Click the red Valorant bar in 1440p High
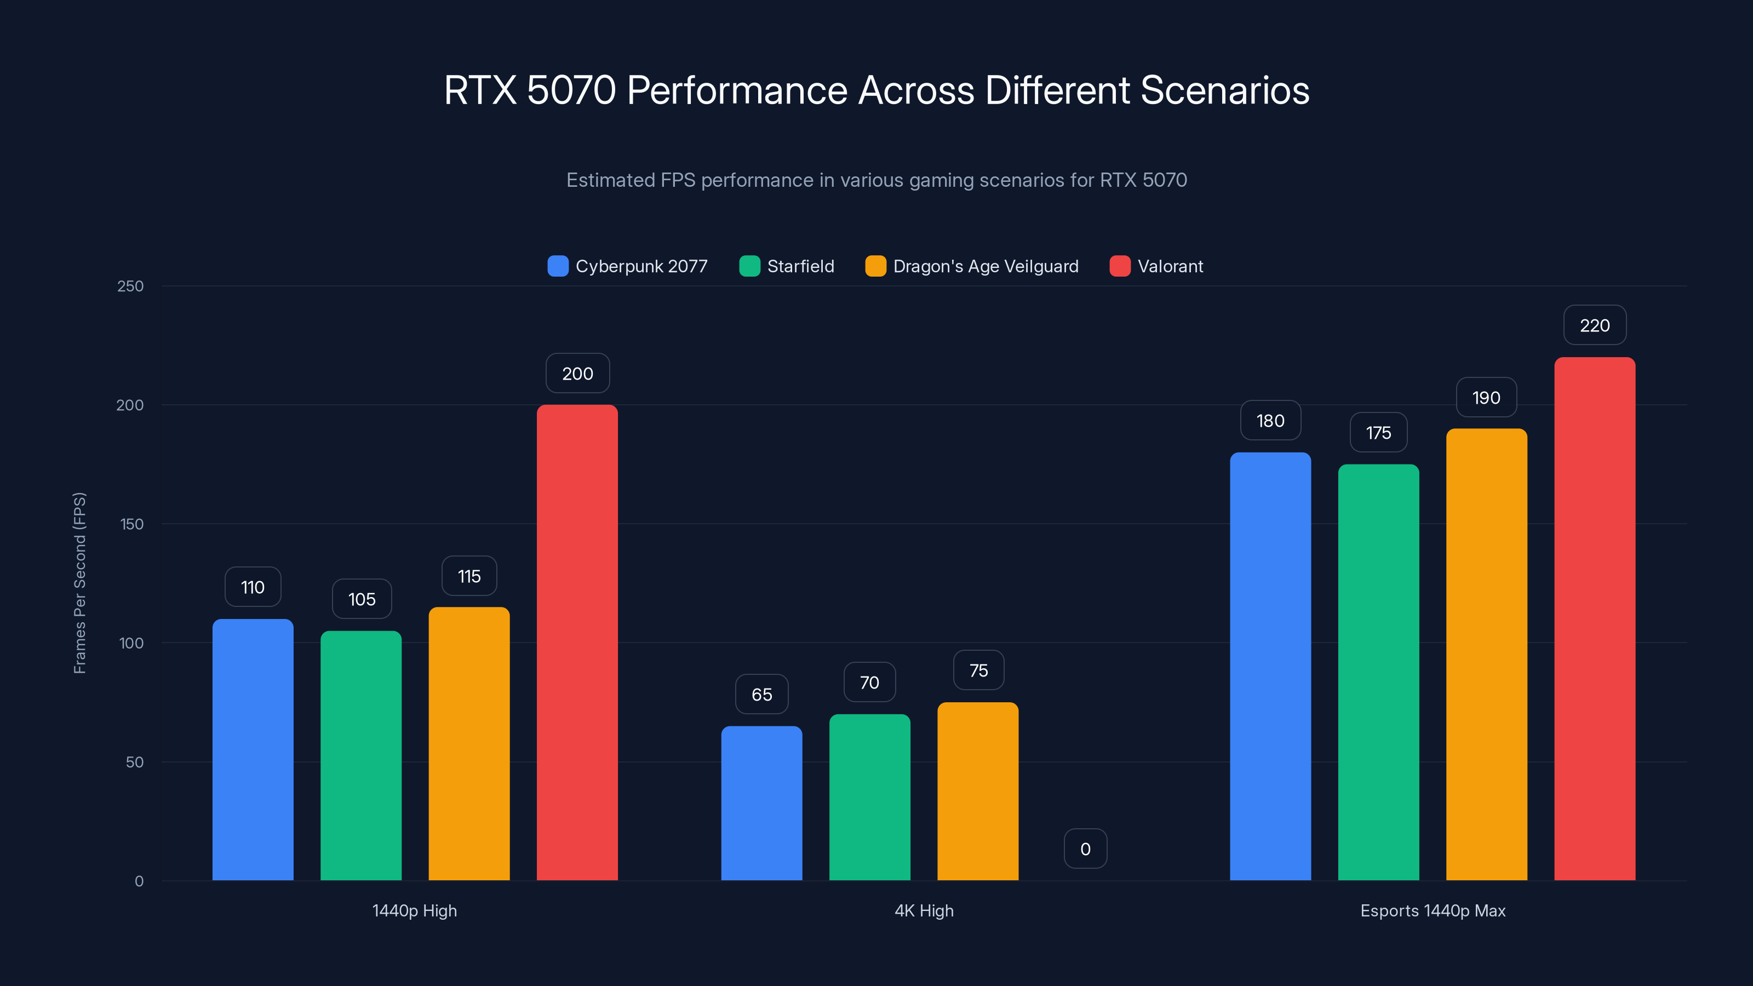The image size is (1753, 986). pos(577,643)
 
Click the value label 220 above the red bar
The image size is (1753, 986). pos(1595,325)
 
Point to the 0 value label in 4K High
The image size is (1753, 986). pos(1085,849)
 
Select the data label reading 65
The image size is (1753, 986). pos(761,694)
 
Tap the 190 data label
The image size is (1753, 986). pos(1486,397)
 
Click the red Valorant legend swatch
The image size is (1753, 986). pos(1119,266)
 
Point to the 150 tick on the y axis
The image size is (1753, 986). pos(132,524)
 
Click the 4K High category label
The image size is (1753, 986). pos(924,910)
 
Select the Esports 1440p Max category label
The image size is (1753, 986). pos(1433,910)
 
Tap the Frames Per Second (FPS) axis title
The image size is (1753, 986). pos(79,583)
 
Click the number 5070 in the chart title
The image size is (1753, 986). pos(571,90)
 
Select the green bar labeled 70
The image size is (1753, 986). pos(870,797)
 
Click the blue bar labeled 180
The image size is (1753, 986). pos(1270,666)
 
